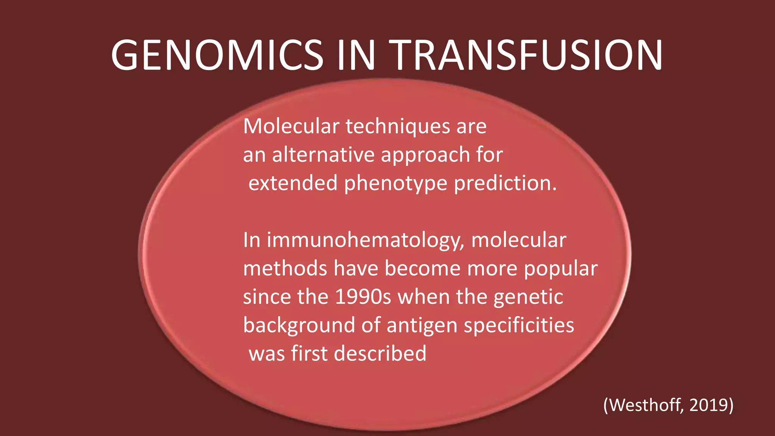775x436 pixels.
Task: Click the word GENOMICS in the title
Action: click(x=217, y=55)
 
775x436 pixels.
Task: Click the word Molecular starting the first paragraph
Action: click(x=291, y=126)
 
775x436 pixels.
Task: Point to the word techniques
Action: click(x=398, y=126)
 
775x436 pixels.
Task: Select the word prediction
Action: click(x=505, y=183)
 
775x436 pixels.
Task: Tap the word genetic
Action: click(x=528, y=297)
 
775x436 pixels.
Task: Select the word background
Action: click(x=299, y=325)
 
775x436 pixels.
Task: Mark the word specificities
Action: click(x=519, y=325)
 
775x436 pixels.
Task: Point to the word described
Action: click(x=380, y=353)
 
